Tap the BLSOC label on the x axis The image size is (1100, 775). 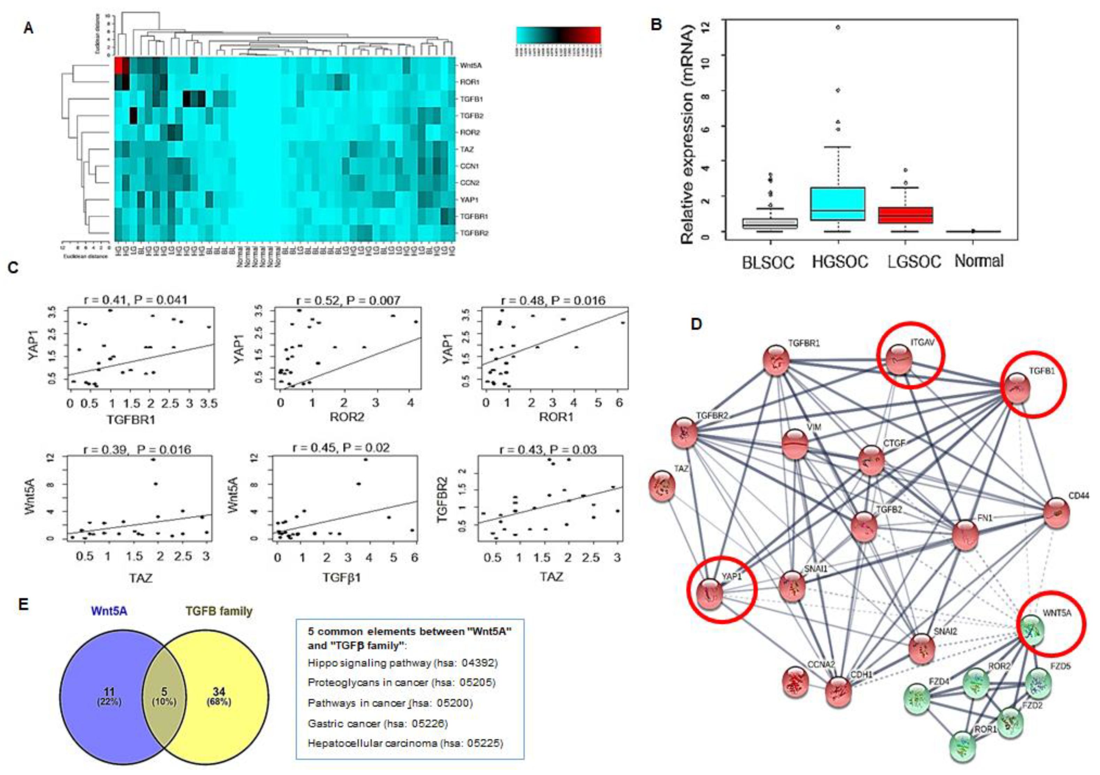click(768, 262)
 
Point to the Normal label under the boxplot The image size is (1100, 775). click(979, 261)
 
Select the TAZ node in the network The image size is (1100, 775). click(662, 486)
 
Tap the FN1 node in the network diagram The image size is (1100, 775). click(965, 536)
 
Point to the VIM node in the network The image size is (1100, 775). click(795, 444)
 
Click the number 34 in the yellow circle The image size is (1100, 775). click(218, 692)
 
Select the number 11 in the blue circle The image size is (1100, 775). click(109, 692)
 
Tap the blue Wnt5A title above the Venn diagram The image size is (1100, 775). click(110, 611)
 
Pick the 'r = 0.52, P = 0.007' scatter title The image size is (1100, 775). click(348, 301)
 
